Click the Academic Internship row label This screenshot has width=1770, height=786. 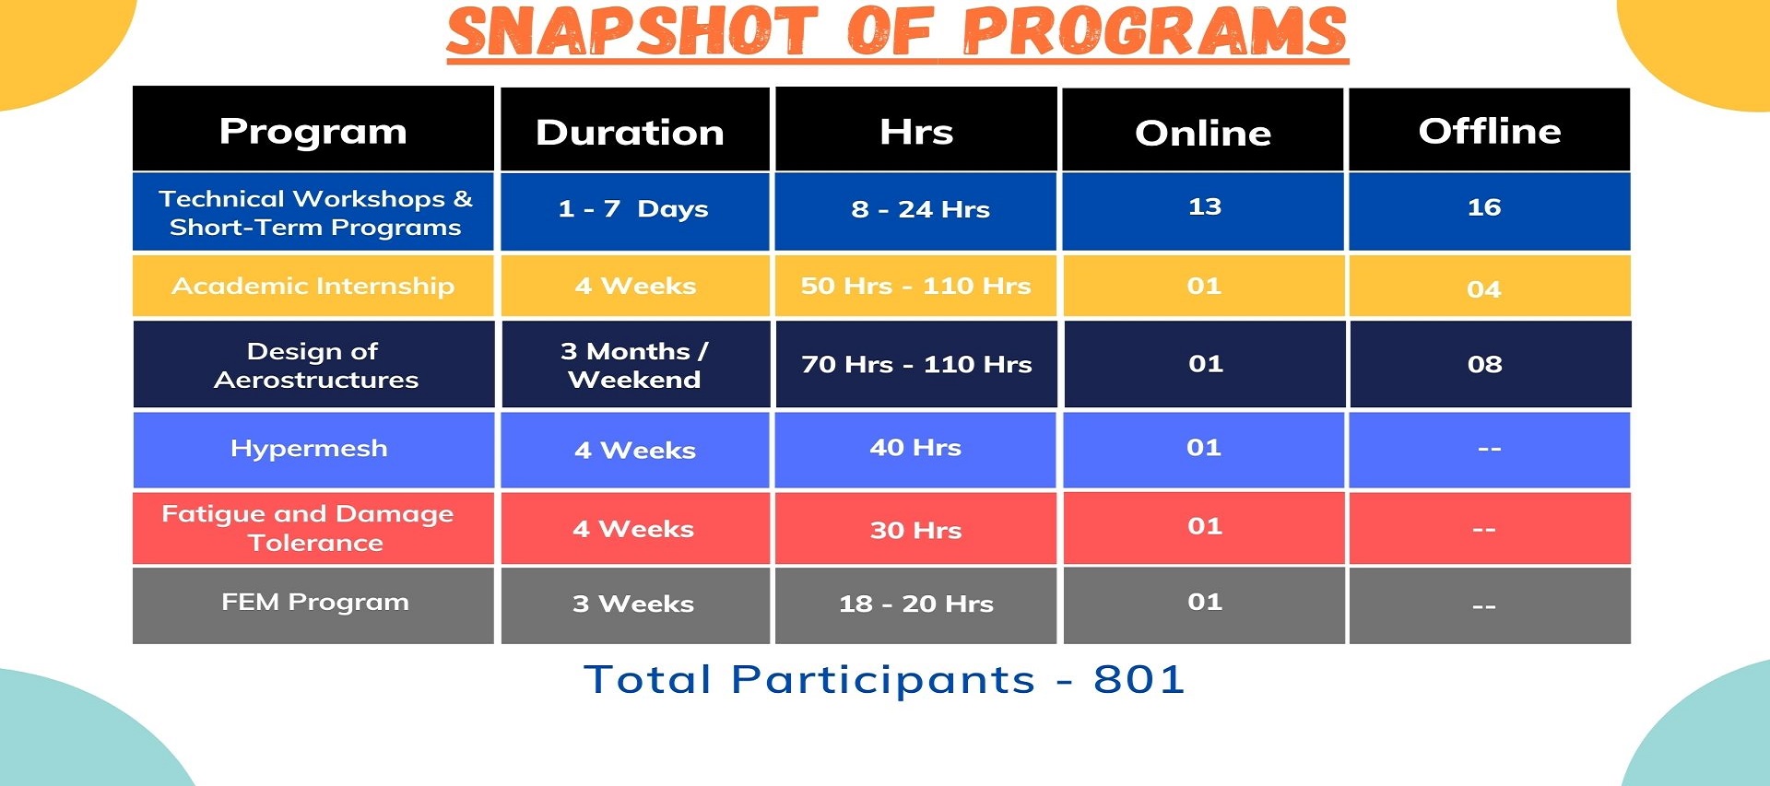(313, 286)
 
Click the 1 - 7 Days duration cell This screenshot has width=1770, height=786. (633, 209)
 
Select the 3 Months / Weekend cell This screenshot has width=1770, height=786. (634, 365)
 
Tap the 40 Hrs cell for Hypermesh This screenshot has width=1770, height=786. (915, 448)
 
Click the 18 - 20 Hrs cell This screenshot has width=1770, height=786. (915, 604)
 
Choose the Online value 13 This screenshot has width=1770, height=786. (1205, 206)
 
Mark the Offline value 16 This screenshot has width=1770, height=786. (1484, 207)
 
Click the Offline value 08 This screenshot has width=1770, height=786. (1484, 364)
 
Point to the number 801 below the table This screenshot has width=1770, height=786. (1139, 680)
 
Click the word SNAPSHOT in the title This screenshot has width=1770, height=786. (632, 30)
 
